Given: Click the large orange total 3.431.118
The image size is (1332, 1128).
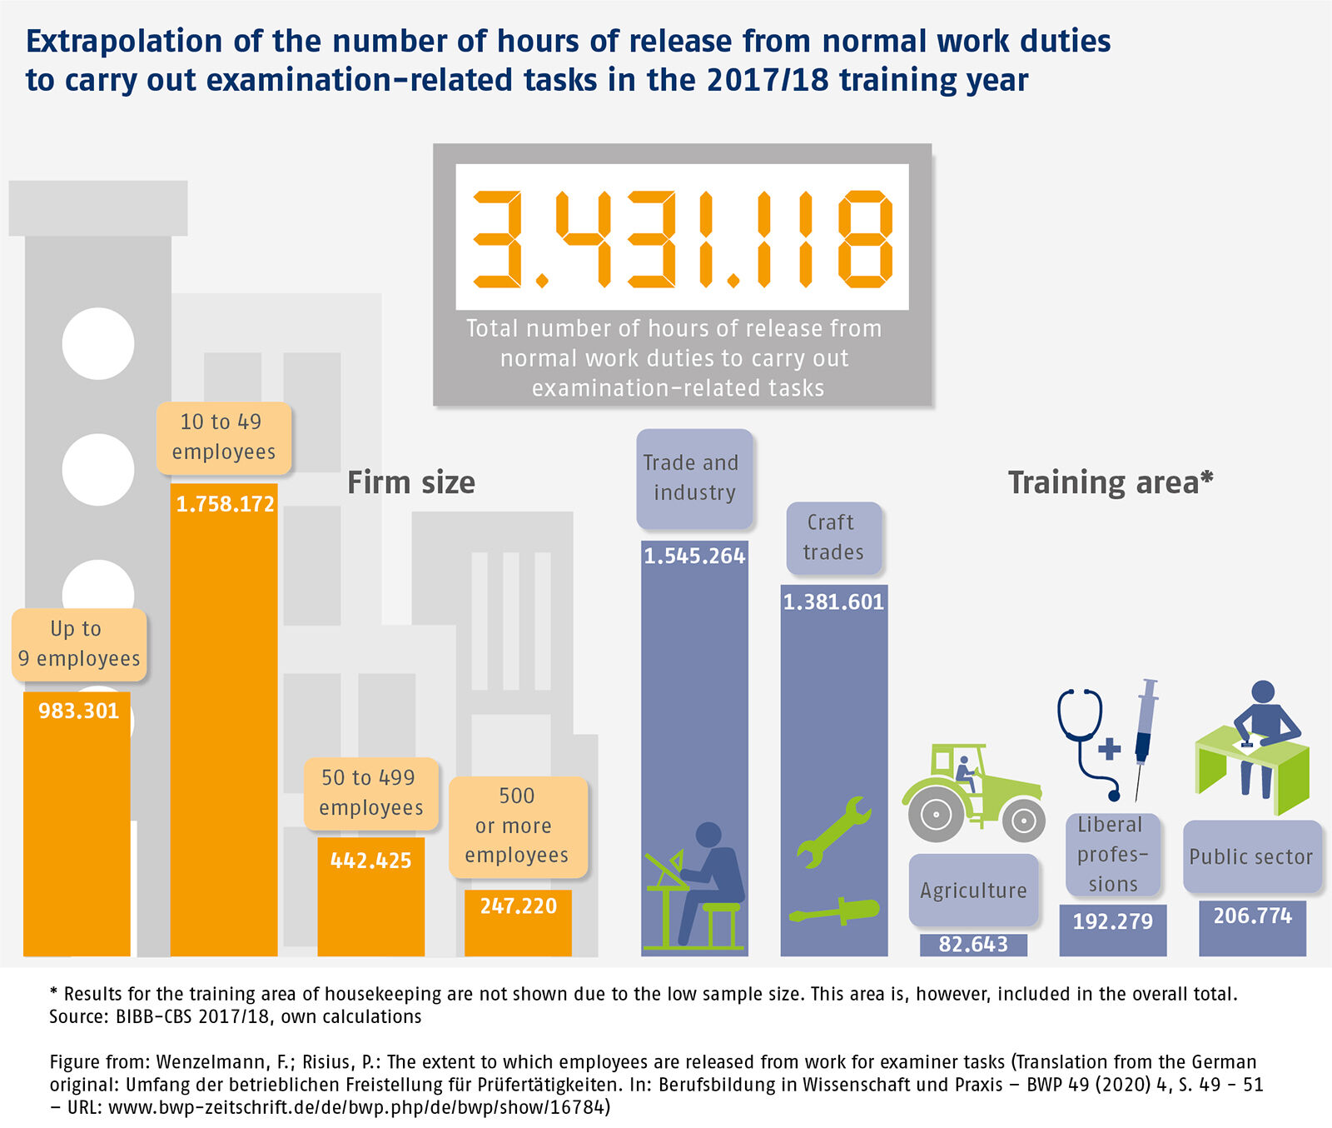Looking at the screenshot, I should tap(682, 239).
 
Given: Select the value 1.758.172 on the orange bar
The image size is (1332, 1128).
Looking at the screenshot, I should tap(225, 504).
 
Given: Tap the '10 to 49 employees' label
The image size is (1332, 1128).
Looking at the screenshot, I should tap(223, 437).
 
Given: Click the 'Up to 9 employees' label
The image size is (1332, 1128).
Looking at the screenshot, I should tap(79, 644).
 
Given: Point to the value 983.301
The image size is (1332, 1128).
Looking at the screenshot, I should tap(79, 711).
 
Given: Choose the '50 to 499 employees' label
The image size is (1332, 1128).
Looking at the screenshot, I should tap(370, 792).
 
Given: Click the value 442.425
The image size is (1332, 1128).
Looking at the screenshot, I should tap(370, 861).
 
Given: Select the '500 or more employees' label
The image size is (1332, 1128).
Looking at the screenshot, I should tap(517, 826).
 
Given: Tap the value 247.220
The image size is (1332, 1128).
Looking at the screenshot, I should tap(518, 906).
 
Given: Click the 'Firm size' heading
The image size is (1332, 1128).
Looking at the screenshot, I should tap(411, 482).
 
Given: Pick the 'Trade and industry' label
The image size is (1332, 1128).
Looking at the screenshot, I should tap(693, 477).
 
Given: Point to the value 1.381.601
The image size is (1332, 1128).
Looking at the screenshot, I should tap(833, 601).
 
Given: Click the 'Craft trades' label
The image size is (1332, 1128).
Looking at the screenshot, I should tap(832, 537).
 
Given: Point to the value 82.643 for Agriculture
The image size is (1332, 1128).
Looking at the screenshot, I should tap(973, 944).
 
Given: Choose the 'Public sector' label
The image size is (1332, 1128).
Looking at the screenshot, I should tap(1251, 856).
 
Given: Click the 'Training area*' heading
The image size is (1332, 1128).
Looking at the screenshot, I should tap(1111, 482).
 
